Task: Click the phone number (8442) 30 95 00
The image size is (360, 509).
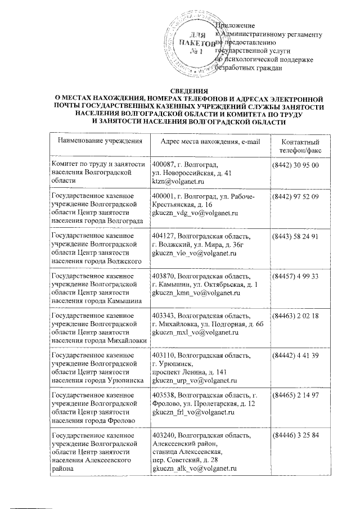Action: (295, 165)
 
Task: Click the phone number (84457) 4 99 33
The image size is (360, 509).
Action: (296, 276)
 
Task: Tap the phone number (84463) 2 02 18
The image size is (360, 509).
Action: (296, 316)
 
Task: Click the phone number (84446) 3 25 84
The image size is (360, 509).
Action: (296, 436)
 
